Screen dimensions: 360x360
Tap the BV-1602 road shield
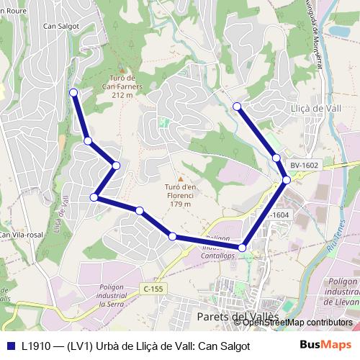[305, 165]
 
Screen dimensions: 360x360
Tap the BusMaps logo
[325, 346]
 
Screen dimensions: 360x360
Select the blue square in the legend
[9, 346]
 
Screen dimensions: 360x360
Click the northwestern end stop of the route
[73, 92]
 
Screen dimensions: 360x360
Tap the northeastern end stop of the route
[238, 107]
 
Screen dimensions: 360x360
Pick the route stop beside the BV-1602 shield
[287, 179]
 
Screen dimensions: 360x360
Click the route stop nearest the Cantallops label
[242, 248]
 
